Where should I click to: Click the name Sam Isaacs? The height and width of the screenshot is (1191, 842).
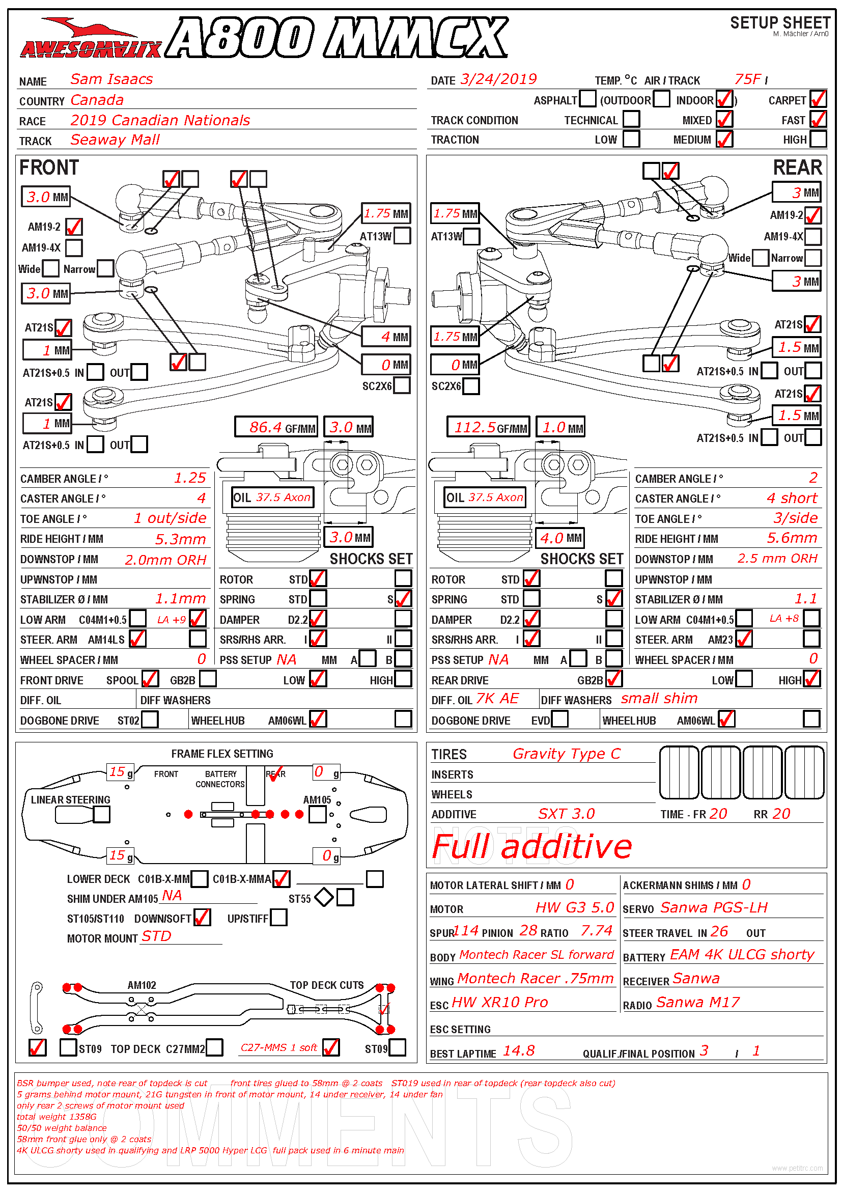click(111, 79)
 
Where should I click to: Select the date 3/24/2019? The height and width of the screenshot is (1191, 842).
click(498, 79)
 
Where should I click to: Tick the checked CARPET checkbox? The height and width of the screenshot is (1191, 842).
click(818, 99)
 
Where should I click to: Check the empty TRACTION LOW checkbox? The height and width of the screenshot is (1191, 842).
click(631, 139)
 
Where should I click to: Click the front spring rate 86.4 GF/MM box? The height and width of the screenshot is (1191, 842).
click(275, 427)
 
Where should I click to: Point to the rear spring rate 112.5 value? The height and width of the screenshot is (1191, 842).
click(475, 427)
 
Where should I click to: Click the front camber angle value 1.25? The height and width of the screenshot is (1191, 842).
click(190, 478)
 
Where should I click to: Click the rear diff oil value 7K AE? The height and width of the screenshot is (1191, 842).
click(497, 699)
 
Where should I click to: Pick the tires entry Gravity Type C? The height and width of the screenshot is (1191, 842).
click(566, 754)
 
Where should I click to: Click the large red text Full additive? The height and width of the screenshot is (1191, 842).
click(531, 847)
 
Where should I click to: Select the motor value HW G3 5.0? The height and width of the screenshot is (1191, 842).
click(574, 908)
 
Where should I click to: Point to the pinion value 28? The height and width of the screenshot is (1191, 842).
click(528, 931)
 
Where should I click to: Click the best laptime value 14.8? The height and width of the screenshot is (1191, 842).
click(518, 1051)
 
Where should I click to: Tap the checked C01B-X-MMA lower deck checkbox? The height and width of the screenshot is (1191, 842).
click(282, 879)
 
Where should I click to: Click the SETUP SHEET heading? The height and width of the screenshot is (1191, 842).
click(780, 23)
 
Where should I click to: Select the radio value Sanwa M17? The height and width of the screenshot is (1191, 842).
click(698, 1002)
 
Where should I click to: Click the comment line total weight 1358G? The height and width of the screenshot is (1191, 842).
click(57, 1117)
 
